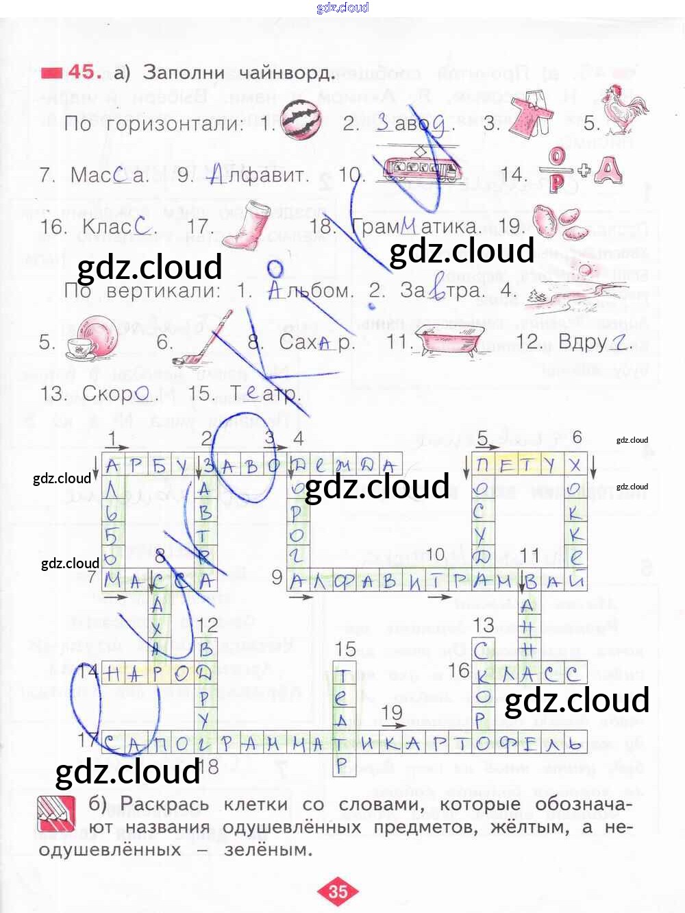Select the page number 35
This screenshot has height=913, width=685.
coord(338,891)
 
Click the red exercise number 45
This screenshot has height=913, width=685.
coord(85,72)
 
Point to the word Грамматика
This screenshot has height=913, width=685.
coord(415,226)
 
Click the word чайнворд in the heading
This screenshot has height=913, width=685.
coord(287,73)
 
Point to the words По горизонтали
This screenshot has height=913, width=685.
coord(153,124)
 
